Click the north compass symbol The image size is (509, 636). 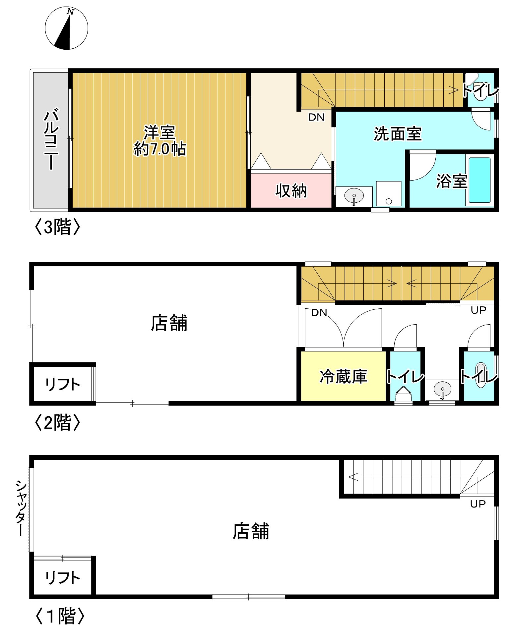tap(66, 28)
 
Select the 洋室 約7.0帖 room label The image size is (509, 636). tap(159, 140)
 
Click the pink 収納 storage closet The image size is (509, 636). tap(291, 190)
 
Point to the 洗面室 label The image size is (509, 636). tap(397, 134)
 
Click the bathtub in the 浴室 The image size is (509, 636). tap(479, 180)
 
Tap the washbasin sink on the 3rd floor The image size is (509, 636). tap(354, 196)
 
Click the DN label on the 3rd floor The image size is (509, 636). tap(316, 117)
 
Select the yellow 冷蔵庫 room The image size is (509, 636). tap(343, 376)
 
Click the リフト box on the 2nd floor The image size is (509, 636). tap(62, 384)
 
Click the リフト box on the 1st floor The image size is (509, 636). tap(62, 577)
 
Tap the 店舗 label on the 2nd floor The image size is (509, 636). tap(169, 323)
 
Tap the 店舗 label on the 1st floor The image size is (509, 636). tap(251, 531)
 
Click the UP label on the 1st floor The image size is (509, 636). tap(477, 504)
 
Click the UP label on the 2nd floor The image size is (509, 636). tap(478, 310)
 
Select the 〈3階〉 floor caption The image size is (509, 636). tap(57, 227)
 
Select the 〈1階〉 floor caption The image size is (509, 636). tap(60, 616)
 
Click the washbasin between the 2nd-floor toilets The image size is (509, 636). tap(442, 390)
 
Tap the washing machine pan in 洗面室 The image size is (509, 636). tap(389, 194)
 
